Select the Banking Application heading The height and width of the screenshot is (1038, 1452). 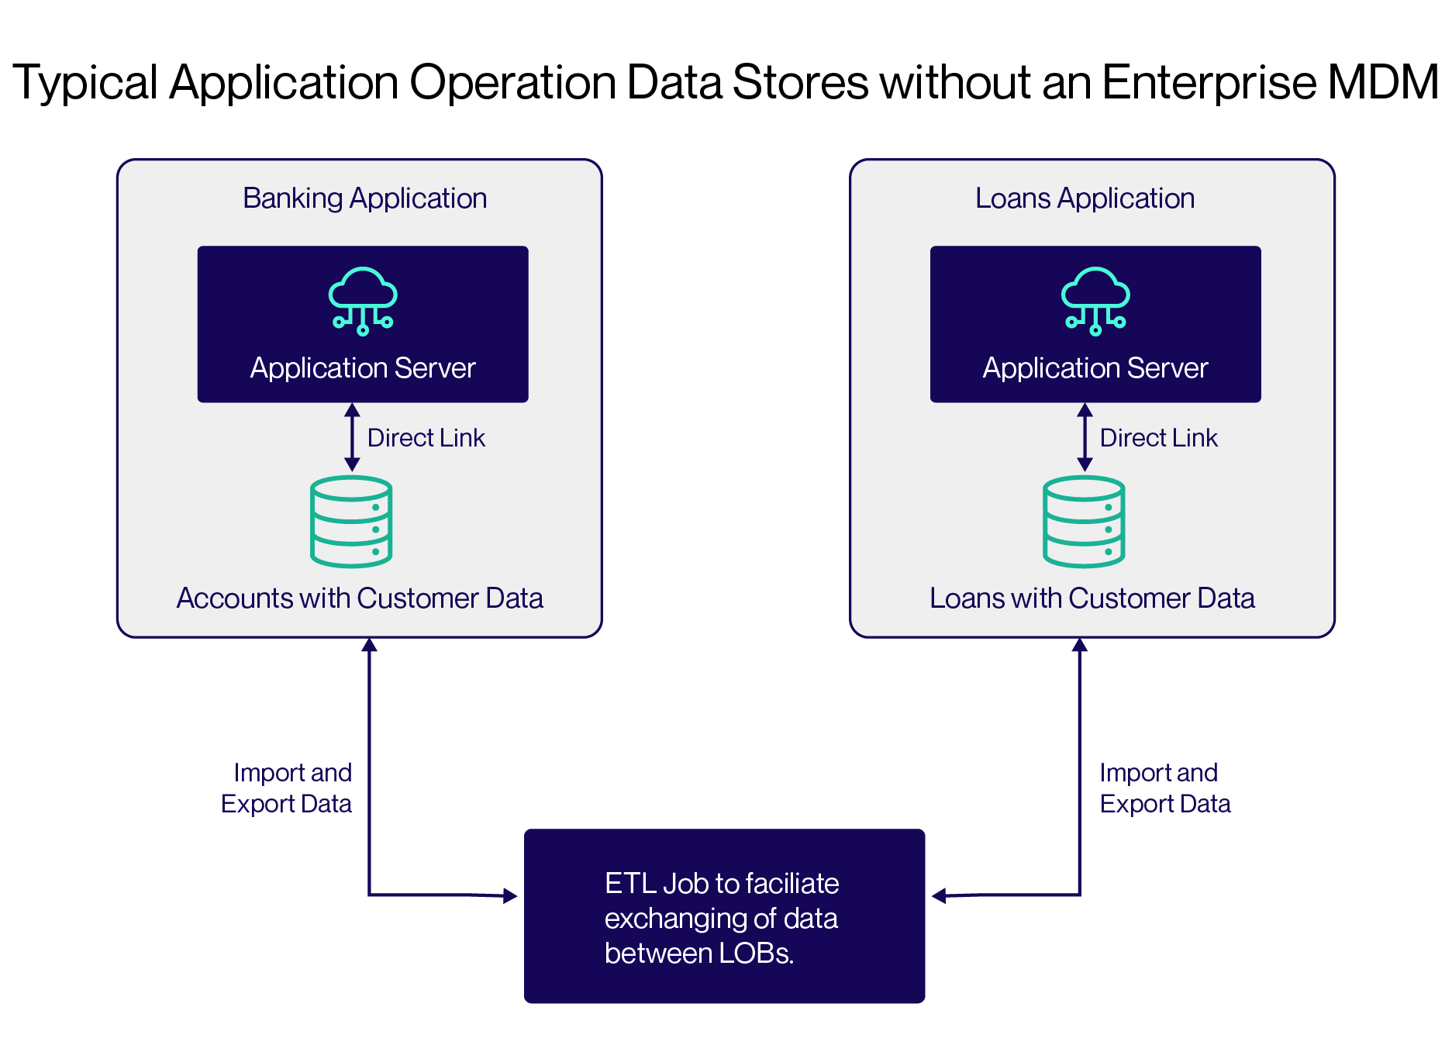[x=364, y=198]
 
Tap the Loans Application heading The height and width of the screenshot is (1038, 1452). [x=1085, y=198]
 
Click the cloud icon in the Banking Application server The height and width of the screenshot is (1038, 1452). [x=363, y=300]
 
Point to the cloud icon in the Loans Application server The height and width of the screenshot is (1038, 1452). [x=1095, y=300]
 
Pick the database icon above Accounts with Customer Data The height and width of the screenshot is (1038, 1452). [x=351, y=521]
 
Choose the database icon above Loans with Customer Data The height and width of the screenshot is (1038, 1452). [x=1084, y=521]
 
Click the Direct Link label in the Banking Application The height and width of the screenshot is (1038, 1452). [x=426, y=438]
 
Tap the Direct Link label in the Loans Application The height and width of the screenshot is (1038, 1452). [x=1158, y=438]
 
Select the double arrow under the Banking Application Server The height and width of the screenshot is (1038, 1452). [x=352, y=437]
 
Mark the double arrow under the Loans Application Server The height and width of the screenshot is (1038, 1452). [x=1085, y=437]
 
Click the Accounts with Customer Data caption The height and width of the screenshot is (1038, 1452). [x=360, y=598]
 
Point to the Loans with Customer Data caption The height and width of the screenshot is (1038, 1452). [x=1092, y=598]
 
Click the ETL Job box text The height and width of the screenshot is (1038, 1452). [x=721, y=918]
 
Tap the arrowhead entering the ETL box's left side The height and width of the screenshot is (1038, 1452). [x=510, y=896]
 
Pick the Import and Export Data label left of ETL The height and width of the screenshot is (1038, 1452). [x=286, y=788]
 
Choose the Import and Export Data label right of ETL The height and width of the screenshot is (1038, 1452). [x=1164, y=788]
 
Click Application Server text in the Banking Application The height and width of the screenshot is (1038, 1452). [x=363, y=368]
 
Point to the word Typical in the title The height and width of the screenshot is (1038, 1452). [x=85, y=82]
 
